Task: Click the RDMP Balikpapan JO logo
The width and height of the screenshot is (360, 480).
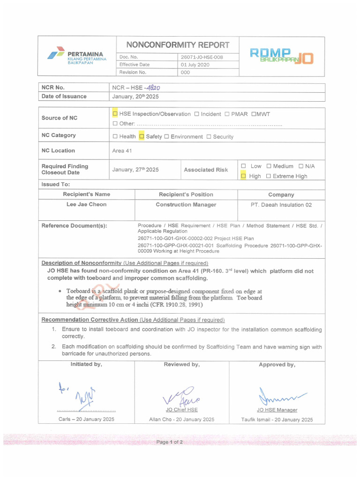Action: coord(281,56)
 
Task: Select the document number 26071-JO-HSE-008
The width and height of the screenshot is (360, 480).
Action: coord(202,57)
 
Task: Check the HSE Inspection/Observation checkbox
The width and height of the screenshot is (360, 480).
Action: coord(115,114)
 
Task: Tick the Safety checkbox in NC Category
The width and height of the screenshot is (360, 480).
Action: coord(142,136)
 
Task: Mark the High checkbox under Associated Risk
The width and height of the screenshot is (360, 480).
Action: coord(243,176)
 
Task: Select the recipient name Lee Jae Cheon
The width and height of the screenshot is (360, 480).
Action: coord(86,204)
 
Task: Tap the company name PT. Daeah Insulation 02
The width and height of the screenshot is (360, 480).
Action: coord(281,205)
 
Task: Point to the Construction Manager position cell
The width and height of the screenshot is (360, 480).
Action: coord(186,205)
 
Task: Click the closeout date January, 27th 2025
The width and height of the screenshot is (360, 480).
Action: coord(135,170)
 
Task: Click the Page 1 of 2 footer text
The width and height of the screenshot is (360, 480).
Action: coord(170,442)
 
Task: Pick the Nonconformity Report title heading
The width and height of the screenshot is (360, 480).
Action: coord(179,45)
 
